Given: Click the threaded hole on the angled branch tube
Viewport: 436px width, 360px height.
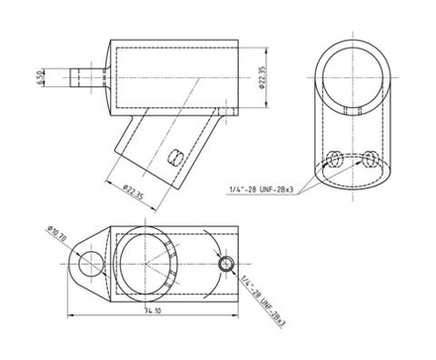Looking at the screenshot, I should [x=175, y=157].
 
